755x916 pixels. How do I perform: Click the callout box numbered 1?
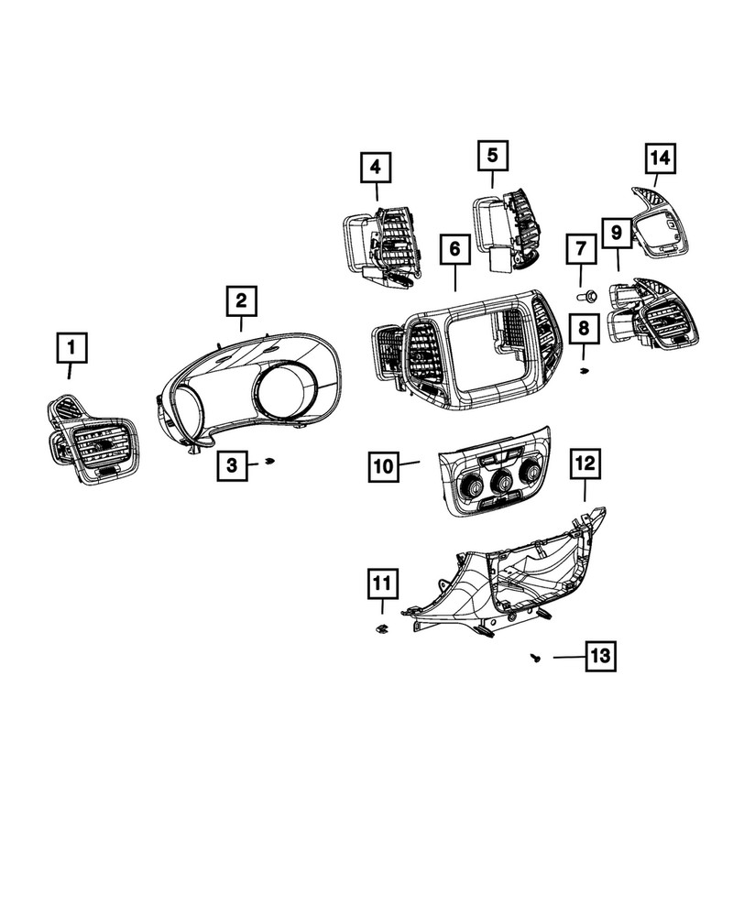(73, 348)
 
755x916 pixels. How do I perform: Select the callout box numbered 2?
(242, 300)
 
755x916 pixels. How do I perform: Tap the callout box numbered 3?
(232, 466)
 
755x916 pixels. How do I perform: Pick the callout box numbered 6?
(455, 248)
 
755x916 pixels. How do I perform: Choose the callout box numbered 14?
(660, 158)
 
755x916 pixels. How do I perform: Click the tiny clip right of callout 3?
(268, 462)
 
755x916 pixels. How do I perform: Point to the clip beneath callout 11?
(381, 628)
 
